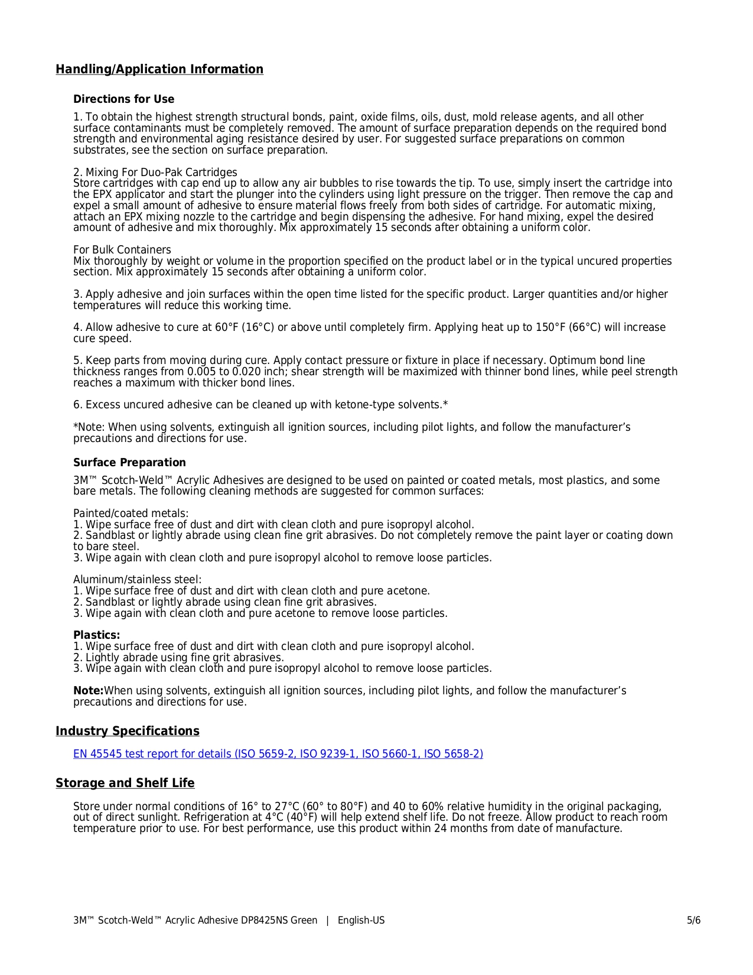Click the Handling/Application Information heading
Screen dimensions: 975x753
159,70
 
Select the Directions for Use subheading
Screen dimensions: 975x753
123,99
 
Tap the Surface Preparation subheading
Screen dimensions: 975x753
129,463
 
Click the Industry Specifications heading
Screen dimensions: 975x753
128,732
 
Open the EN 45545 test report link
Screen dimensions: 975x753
278,754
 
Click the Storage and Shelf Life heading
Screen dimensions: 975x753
125,784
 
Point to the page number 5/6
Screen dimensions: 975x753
693,921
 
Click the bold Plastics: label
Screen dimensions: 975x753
96,635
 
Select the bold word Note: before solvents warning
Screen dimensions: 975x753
88,691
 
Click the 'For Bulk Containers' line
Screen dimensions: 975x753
122,250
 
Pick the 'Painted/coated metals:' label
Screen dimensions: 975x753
131,513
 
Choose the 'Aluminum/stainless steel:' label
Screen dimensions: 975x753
137,580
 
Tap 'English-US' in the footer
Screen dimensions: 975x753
361,921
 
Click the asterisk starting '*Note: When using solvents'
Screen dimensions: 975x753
76,427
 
